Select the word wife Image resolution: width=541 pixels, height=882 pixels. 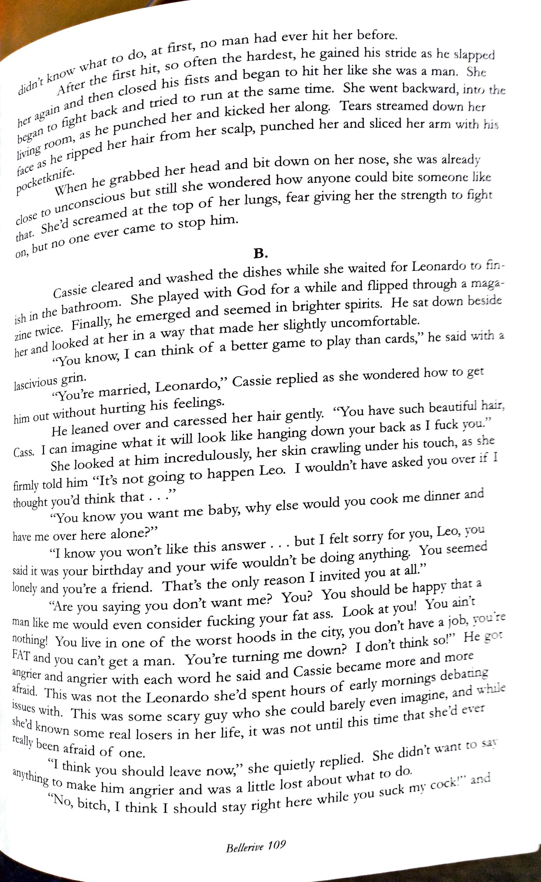click(223, 564)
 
